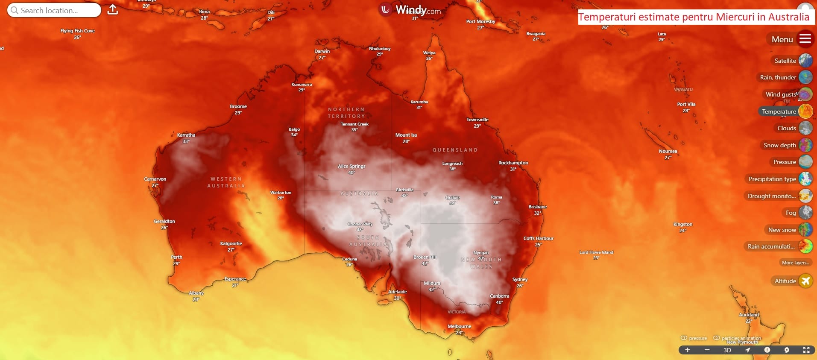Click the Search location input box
tap(54, 10)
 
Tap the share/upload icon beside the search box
tap(113, 10)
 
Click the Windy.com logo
tap(410, 10)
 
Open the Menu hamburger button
tap(805, 39)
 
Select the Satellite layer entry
tap(785, 61)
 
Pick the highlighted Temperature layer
tap(779, 111)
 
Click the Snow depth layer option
tap(779, 145)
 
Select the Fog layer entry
tap(791, 213)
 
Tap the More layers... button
tap(795, 263)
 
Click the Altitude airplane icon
tap(805, 281)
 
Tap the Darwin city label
tap(322, 51)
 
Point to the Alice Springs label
tap(351, 166)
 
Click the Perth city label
tap(176, 257)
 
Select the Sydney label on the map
tap(520, 279)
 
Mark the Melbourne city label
tap(459, 326)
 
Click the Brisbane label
tap(537, 207)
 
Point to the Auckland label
tap(749, 315)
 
